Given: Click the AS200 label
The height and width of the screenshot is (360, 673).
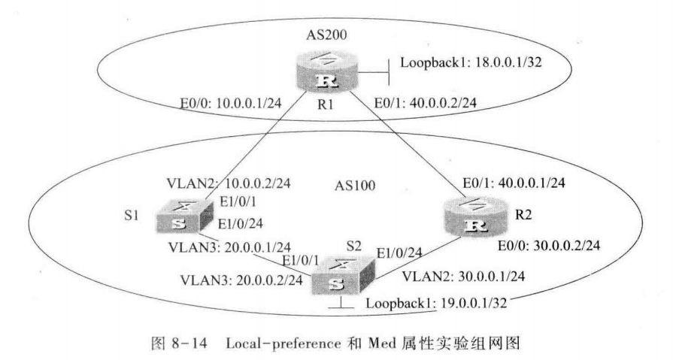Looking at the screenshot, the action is tap(326, 35).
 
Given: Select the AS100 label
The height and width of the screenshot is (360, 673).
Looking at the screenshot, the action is tap(355, 186).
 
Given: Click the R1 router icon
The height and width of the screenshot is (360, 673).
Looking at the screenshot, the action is tap(326, 74).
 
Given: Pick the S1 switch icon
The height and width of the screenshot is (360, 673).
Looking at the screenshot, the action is tap(184, 217).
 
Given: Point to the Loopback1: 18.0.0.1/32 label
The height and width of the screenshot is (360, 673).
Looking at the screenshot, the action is tap(471, 62).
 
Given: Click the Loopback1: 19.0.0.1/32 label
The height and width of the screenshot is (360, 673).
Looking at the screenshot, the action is tap(436, 304).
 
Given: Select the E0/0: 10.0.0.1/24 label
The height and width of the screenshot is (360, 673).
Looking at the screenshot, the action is tap(231, 103).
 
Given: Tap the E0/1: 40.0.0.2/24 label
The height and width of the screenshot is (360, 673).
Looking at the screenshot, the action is tap(426, 103).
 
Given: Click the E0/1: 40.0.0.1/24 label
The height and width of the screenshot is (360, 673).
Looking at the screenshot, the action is tap(514, 183).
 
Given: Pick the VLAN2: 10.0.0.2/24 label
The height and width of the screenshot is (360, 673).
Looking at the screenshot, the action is tap(229, 183).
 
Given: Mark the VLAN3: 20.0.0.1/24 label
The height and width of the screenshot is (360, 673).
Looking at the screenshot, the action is tap(229, 247).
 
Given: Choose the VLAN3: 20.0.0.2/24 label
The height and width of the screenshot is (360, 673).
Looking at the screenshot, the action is tap(241, 280).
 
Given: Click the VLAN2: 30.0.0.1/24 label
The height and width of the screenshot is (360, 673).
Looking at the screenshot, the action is tap(463, 277).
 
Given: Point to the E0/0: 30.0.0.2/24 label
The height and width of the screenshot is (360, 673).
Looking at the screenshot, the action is tap(549, 246).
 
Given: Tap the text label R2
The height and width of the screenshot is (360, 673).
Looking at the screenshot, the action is tap(523, 214).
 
